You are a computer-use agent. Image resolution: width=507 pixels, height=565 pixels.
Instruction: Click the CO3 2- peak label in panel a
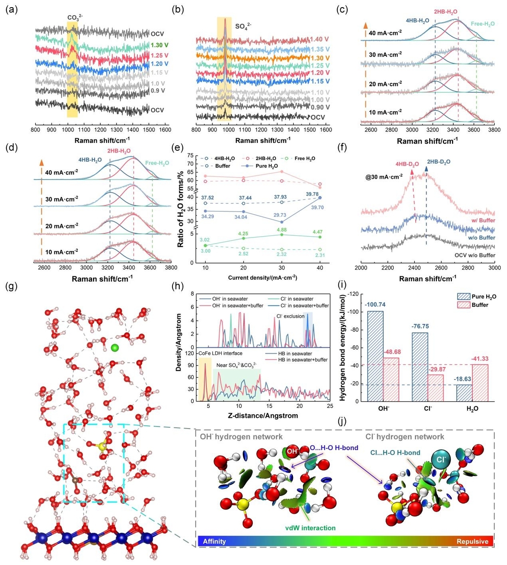(x=75, y=18)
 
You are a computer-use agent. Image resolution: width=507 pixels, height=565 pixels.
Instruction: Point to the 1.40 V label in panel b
(x=319, y=39)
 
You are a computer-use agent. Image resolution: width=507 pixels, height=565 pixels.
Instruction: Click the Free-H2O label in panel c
(x=482, y=24)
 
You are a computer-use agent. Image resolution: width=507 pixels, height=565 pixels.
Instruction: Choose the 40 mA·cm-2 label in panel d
(x=61, y=172)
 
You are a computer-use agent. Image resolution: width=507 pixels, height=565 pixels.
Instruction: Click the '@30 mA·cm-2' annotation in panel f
(x=384, y=177)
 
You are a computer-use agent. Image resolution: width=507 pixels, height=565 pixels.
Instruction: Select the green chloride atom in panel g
(x=114, y=348)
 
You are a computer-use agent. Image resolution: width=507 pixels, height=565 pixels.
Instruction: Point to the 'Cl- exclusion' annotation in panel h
(x=290, y=316)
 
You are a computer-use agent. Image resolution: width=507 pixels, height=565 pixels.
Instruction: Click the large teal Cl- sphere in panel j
(x=440, y=459)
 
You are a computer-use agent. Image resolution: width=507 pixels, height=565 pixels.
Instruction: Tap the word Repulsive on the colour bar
(x=472, y=541)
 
